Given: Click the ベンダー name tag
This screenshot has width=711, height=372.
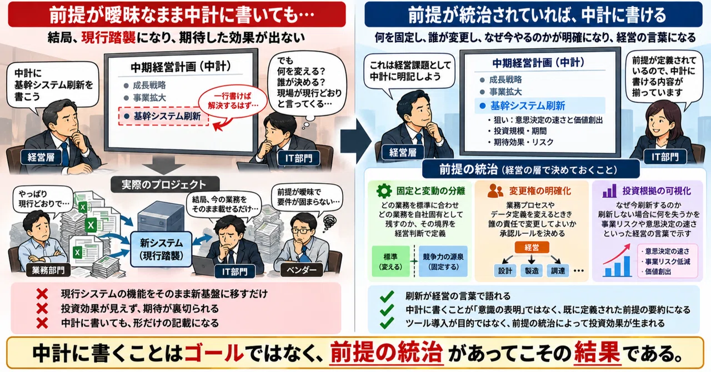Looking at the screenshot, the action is [x=302, y=270].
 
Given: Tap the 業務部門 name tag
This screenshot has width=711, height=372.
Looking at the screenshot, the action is [x=48, y=270].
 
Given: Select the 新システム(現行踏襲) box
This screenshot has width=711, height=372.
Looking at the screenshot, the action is [x=161, y=249].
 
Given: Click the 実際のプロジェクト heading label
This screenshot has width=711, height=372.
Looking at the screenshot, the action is [x=165, y=184].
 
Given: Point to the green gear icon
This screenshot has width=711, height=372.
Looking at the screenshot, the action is [x=384, y=191].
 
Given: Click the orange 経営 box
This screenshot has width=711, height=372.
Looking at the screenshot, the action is [x=532, y=247].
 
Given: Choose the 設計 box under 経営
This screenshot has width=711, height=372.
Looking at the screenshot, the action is [x=505, y=271].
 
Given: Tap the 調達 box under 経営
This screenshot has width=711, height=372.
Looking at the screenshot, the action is [x=558, y=271].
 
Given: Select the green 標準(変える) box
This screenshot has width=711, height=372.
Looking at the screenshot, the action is [x=390, y=262].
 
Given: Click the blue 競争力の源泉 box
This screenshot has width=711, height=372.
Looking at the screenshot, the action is [x=443, y=262].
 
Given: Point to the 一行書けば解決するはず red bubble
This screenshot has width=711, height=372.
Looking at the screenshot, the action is [x=233, y=101].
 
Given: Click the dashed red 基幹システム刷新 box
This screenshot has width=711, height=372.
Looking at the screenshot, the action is [x=163, y=116].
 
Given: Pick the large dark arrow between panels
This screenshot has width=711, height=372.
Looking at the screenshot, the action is [x=355, y=140].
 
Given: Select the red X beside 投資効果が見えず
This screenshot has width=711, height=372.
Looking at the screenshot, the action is [x=42, y=309].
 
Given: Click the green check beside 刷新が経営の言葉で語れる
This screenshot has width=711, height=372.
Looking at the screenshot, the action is [x=387, y=296].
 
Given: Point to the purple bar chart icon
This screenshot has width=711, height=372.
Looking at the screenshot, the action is [x=609, y=190].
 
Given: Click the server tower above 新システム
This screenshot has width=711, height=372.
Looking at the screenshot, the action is [x=161, y=217].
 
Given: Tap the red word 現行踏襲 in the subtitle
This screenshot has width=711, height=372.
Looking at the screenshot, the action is [x=108, y=38].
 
